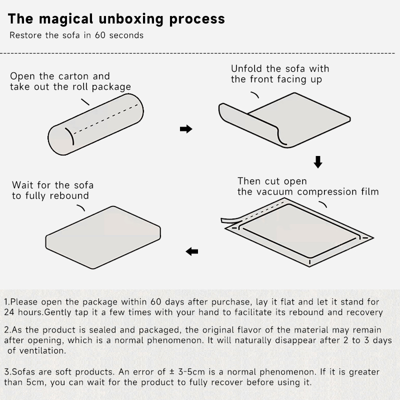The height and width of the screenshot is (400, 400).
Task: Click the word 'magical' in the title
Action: (x=66, y=19)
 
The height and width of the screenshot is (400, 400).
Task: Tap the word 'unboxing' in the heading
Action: (x=131, y=19)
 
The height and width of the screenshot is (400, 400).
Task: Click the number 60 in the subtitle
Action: (x=100, y=35)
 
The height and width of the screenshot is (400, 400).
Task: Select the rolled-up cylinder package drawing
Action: (x=95, y=124)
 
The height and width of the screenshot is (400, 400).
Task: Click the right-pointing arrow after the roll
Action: (x=186, y=129)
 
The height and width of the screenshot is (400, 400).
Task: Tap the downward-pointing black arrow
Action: (x=318, y=162)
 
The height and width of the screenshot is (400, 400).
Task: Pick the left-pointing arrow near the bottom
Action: (x=192, y=251)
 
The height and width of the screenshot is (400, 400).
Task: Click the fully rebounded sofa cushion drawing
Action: (x=103, y=237)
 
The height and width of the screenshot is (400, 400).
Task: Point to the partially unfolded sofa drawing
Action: (x=284, y=120)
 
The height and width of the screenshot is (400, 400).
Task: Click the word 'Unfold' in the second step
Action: (x=246, y=68)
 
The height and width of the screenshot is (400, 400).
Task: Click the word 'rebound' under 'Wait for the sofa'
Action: (x=69, y=195)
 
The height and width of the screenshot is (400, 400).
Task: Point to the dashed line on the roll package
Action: (x=105, y=119)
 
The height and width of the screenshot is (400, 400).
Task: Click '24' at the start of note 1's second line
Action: (x=9, y=312)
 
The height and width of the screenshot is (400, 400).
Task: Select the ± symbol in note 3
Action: (x=171, y=372)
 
